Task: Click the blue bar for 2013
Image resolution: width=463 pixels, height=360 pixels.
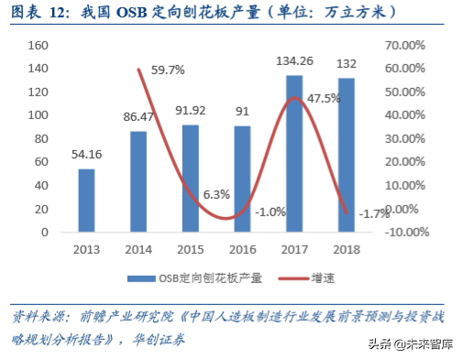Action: pos(85,200)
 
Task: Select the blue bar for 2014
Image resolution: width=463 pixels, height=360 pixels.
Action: pos(138,181)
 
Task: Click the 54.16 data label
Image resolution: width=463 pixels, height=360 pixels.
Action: pos(85,155)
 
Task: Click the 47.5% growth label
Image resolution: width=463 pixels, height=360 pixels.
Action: pos(323,98)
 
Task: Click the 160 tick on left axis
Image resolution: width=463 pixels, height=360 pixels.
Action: pos(39,45)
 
